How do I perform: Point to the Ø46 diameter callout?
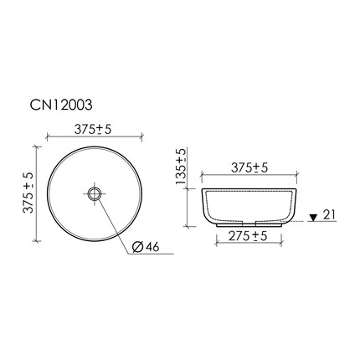coord(146,246)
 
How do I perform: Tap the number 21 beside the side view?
coord(329,217)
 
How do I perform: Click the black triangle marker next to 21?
coord(312,217)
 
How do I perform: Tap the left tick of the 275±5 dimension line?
coord(208,246)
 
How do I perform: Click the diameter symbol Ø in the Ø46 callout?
coord(136,246)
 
